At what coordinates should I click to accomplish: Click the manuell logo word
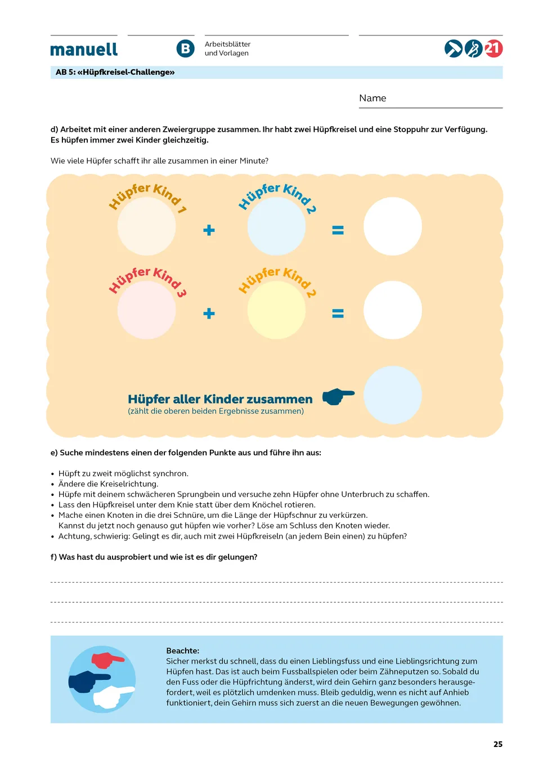pos(84,50)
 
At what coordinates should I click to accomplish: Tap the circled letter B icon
pos(185,49)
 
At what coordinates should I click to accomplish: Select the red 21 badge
pos(493,48)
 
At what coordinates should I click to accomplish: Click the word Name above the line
pos(373,98)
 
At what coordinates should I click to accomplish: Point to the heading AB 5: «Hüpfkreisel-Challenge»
pos(115,72)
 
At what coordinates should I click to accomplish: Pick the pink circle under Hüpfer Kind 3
pos(146,310)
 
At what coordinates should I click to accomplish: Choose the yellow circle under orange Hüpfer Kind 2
pos(276,310)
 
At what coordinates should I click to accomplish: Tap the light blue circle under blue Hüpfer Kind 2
pos(276,226)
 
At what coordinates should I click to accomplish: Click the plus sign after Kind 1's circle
pos(209,230)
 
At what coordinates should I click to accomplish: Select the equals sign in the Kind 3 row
pos(338,314)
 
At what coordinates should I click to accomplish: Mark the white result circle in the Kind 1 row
pos(392,226)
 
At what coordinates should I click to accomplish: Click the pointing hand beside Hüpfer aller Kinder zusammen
pos(338,396)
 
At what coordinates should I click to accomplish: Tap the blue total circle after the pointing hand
pos(392,395)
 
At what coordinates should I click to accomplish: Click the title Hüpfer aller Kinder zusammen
pos(220,399)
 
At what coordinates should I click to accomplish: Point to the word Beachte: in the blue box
pos(182,651)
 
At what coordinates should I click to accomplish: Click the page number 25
pos(498,744)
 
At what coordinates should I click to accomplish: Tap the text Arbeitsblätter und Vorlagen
pos(227,48)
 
